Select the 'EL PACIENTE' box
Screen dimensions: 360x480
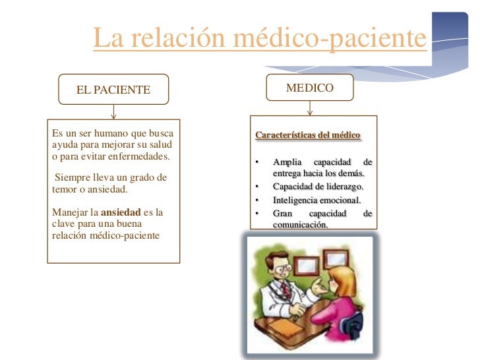pos(113,90)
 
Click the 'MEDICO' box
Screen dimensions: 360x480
pos(309,88)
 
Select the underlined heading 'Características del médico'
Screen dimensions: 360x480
pos(307,136)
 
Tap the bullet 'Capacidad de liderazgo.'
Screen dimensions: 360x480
pos(318,186)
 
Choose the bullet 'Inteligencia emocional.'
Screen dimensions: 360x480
pos(317,200)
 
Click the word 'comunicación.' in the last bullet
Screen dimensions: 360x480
pos(300,224)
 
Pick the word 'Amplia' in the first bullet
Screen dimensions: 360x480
pos(286,162)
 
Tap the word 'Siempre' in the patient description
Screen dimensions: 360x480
pos(72,178)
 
